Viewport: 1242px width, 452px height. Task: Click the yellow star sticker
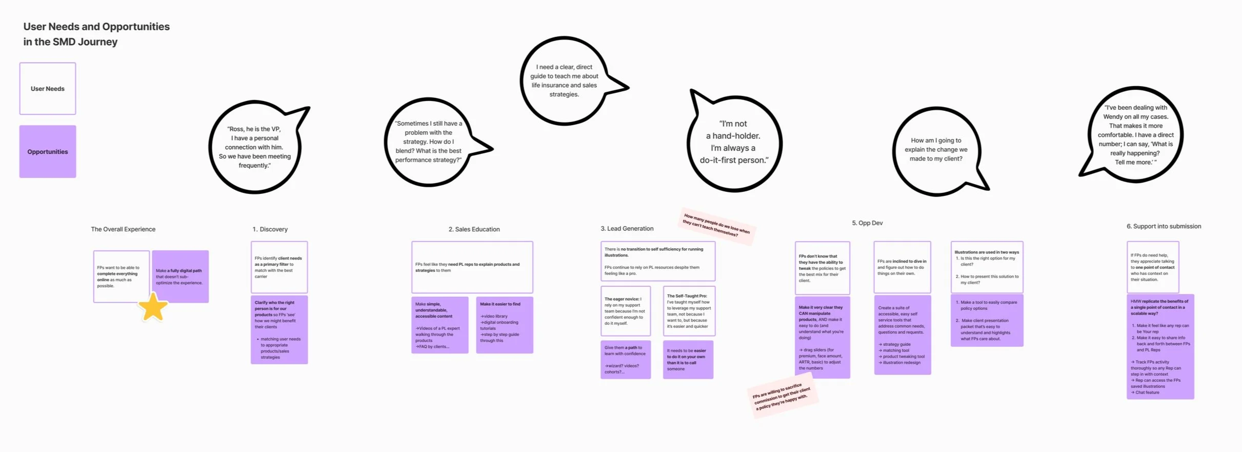tap(153, 307)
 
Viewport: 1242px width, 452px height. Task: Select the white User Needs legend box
tap(48, 89)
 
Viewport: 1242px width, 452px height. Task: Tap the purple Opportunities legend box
tap(48, 152)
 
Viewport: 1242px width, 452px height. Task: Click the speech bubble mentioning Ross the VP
tap(255, 147)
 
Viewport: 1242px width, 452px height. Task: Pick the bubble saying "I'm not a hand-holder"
tap(734, 142)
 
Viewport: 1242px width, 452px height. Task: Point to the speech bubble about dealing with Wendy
tap(1135, 135)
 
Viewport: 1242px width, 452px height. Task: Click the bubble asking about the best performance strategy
tap(429, 142)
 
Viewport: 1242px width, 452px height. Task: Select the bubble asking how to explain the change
tap(936, 150)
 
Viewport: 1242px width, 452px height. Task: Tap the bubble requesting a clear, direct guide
tap(564, 81)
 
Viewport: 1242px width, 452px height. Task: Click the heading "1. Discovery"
tap(270, 229)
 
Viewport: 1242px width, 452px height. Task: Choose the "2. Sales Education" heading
tap(474, 229)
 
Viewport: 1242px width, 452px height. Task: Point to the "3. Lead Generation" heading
tap(627, 229)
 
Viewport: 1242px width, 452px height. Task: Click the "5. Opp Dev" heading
tap(867, 223)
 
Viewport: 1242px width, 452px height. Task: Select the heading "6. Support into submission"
tap(1164, 226)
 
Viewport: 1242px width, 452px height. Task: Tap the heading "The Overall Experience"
tap(123, 229)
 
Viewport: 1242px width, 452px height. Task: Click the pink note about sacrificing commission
tap(782, 397)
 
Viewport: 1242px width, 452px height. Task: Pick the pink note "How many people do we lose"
tap(716, 225)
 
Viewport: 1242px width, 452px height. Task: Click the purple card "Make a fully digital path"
tap(180, 277)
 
